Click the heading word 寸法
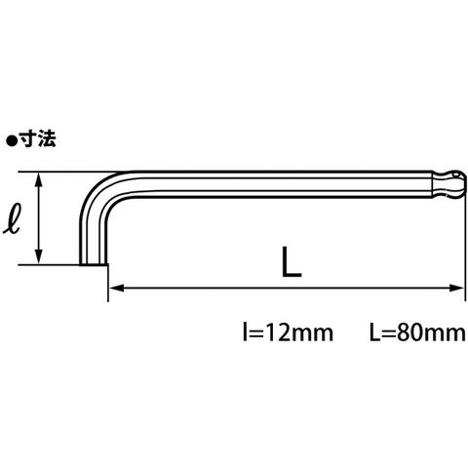[38, 139]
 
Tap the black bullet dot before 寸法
[12, 140]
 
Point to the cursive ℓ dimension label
[12, 217]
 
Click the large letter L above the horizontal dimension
[292, 262]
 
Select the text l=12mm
[288, 332]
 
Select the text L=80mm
[417, 332]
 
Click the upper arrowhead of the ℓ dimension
[39, 179]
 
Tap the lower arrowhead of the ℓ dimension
[39, 257]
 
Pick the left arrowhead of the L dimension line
[116, 288]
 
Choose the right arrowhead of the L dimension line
[456, 288]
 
